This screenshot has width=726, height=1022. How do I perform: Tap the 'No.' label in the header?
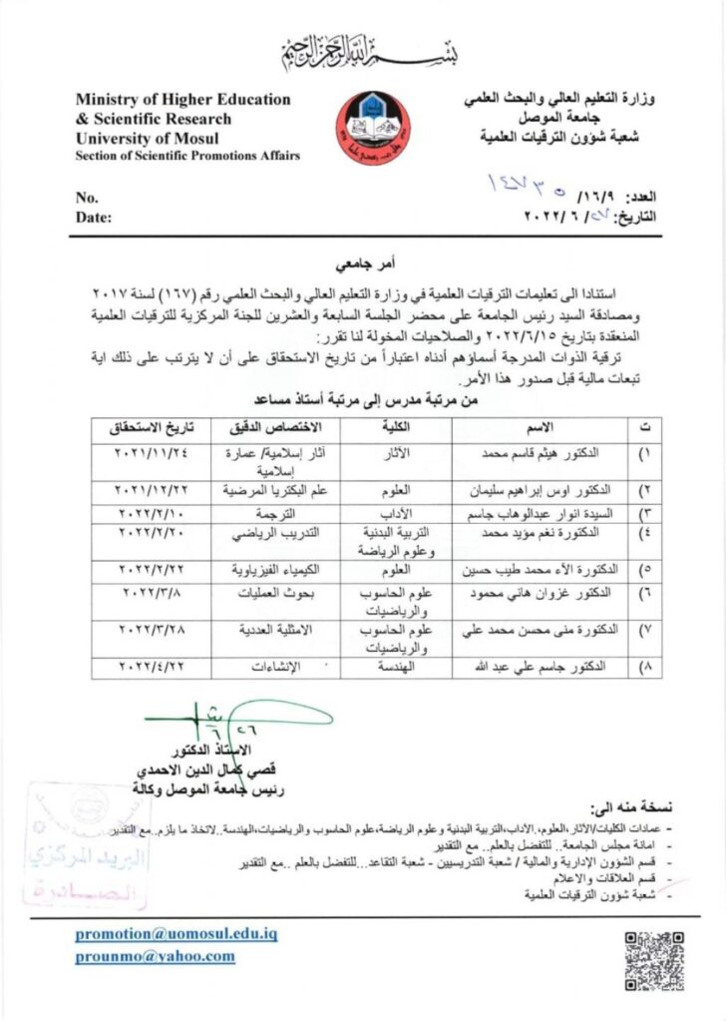(x=87, y=197)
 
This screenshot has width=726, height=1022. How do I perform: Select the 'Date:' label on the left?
(x=94, y=216)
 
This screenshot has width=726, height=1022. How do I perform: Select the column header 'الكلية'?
(x=398, y=426)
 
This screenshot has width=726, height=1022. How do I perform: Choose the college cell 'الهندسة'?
(x=404, y=667)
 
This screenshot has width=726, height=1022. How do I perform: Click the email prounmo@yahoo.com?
(x=155, y=956)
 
